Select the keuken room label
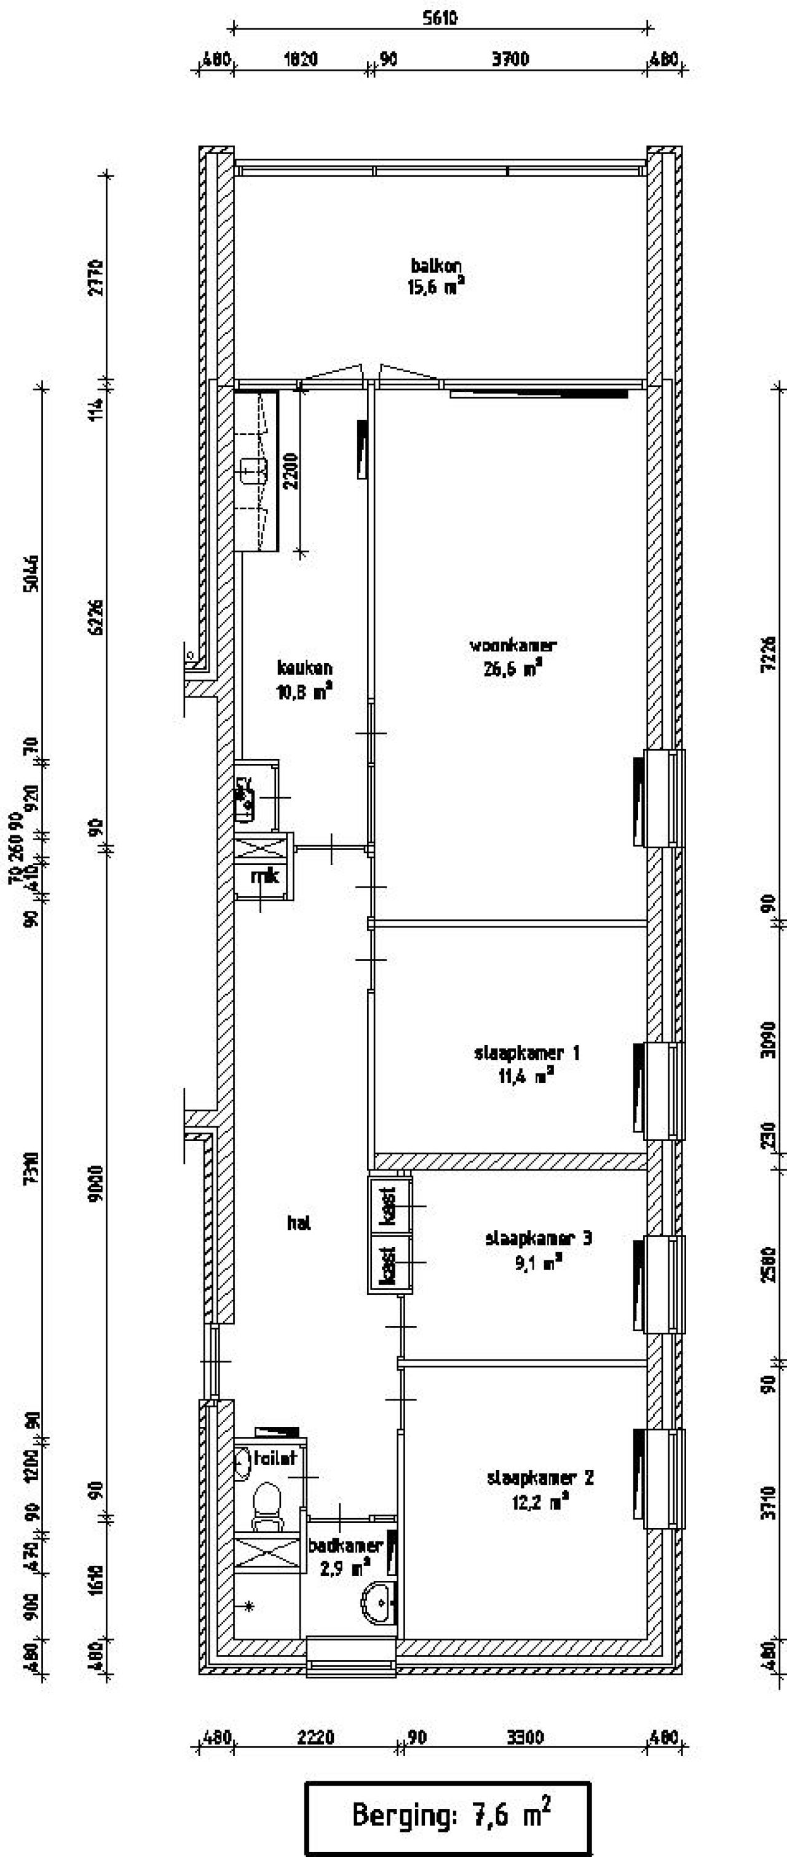304,679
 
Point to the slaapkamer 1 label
527,1064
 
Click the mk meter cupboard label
264,876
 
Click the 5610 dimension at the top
440,18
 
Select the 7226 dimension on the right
769,654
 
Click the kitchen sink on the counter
252,472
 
